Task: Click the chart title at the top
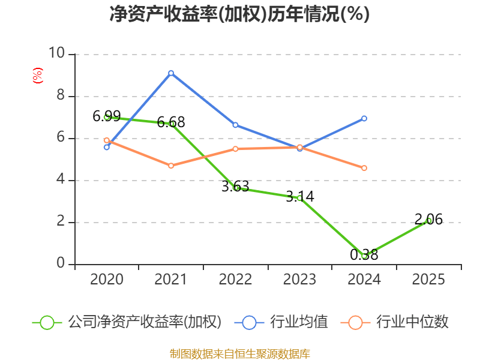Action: pyautogui.click(x=239, y=14)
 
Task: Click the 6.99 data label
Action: pyautogui.click(x=106, y=116)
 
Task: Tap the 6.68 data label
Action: pyautogui.click(x=171, y=122)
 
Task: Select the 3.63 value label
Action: pyautogui.click(x=235, y=187)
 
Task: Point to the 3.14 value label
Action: pyautogui.click(x=299, y=196)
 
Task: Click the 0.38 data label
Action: pyautogui.click(x=364, y=255)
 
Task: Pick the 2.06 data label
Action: pyautogui.click(x=428, y=220)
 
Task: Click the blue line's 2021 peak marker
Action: pyautogui.click(x=171, y=73)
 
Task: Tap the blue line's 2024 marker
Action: pyautogui.click(x=364, y=118)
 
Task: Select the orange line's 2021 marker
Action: pyautogui.click(x=171, y=166)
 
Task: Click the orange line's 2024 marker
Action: pyautogui.click(x=364, y=168)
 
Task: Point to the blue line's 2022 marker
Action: pyautogui.click(x=235, y=125)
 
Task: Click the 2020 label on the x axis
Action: pyautogui.click(x=106, y=280)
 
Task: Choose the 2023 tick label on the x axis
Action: pyautogui.click(x=299, y=280)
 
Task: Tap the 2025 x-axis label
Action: pyautogui.click(x=428, y=280)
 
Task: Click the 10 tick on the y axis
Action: pyautogui.click(x=58, y=54)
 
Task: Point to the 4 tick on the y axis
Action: pyautogui.click(x=61, y=180)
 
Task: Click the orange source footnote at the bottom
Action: pyautogui.click(x=239, y=353)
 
